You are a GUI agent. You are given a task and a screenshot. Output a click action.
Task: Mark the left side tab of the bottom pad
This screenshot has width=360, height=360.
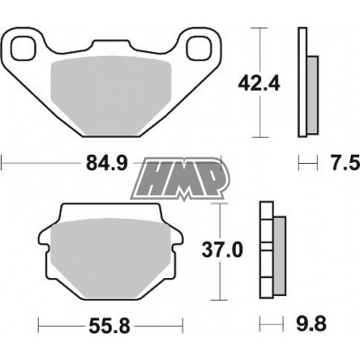[41, 246]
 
